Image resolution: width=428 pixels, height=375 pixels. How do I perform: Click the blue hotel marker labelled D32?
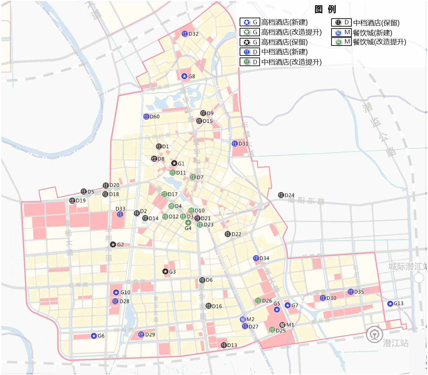[185, 34]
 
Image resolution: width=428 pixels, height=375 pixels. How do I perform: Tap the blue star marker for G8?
[184, 76]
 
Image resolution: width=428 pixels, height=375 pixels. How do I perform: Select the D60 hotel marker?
[146, 116]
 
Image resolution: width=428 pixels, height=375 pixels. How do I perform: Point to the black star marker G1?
[174, 163]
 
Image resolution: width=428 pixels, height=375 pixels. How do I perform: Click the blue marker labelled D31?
[235, 143]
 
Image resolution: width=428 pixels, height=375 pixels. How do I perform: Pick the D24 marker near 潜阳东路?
[281, 195]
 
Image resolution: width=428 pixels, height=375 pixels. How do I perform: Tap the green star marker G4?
[188, 222]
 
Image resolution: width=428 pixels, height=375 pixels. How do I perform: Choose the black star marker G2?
[113, 244]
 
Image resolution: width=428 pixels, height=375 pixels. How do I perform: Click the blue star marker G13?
[390, 304]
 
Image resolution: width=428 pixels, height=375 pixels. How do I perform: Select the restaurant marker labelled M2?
[243, 319]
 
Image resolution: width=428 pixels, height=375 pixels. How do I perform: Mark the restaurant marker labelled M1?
[283, 324]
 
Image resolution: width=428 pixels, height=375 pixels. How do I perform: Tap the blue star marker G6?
[94, 336]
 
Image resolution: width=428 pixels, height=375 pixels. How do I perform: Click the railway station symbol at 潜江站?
[374, 334]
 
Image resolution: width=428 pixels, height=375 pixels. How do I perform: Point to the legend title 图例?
[325, 9]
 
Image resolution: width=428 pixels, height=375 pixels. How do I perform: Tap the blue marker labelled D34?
[256, 258]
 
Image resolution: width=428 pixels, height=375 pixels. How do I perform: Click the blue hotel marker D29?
[141, 334]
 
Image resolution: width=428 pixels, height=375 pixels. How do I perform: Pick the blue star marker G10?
[116, 292]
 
